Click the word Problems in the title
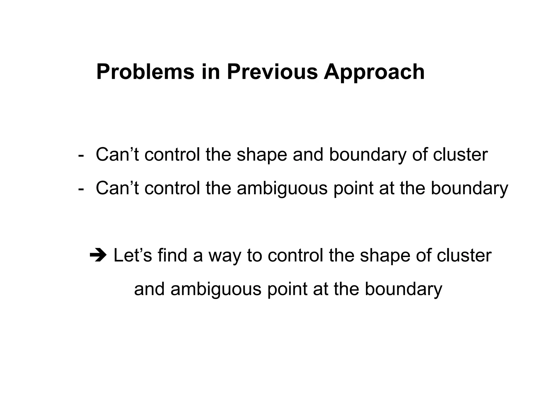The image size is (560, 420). (145, 72)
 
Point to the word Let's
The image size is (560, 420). (132, 255)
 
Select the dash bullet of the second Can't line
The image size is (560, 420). (81, 189)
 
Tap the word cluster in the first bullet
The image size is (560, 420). (460, 155)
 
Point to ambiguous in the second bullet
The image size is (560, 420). (282, 189)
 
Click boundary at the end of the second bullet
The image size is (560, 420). (469, 189)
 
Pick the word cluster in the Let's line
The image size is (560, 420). (464, 255)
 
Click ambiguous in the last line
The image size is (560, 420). (216, 289)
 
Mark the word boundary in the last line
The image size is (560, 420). (403, 289)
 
